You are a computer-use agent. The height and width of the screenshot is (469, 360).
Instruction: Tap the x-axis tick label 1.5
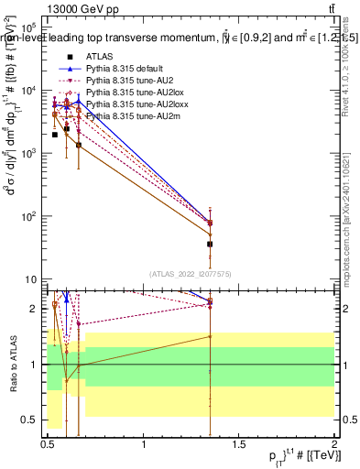240,447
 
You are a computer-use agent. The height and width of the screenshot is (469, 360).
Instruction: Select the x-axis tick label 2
334,447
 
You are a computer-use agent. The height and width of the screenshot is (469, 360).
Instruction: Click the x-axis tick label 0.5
48,447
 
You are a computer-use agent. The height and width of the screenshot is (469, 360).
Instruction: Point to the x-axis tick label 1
144,447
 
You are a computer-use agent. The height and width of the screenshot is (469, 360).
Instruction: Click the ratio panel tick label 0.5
31,420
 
